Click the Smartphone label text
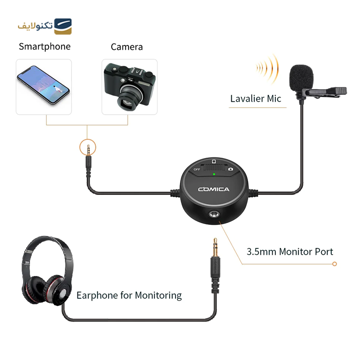45,46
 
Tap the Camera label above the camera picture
127,47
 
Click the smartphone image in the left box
43,85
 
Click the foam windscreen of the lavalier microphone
301,76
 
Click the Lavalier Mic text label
256,99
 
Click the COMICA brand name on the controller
214,189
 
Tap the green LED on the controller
214,174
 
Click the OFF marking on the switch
197,169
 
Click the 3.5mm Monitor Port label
290,252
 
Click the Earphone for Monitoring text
129,296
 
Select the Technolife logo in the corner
45,26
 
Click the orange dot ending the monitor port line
334,264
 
